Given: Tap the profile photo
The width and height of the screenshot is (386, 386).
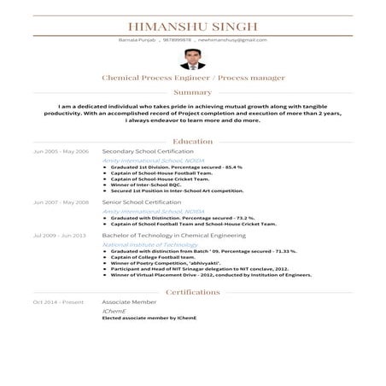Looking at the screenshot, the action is tap(192, 59).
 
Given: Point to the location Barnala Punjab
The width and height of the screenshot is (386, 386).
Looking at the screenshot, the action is tap(134, 40).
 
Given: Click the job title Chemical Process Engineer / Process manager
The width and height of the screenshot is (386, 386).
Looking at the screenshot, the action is tap(192, 78).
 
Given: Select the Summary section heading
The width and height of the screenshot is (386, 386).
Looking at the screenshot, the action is tap(192, 92).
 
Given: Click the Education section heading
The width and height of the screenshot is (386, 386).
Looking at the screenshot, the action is tap(192, 141).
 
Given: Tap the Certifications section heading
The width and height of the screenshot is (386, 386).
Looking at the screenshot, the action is tap(192, 292).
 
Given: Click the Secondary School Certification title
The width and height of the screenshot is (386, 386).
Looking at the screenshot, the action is tap(148, 151).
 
